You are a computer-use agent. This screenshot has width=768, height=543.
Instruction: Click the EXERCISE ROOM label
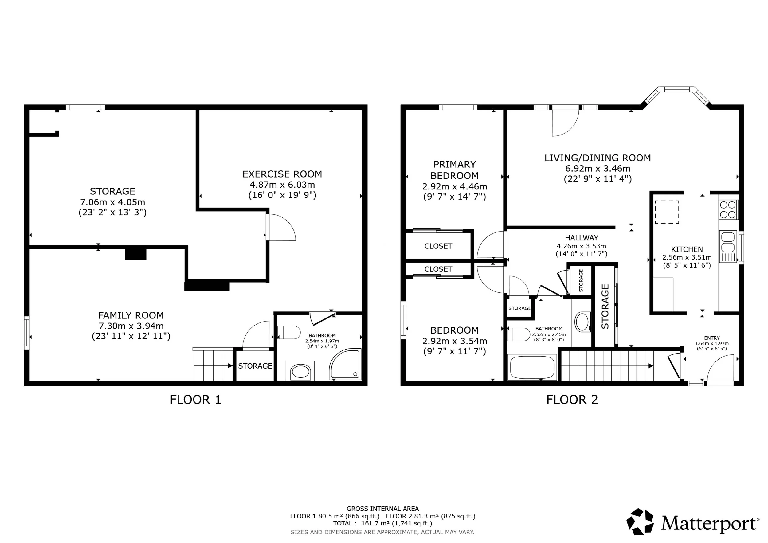coord(282,174)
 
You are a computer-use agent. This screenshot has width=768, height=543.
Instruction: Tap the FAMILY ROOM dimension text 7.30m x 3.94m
coord(131,326)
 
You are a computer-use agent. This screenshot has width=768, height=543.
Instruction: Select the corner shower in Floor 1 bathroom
coord(345,364)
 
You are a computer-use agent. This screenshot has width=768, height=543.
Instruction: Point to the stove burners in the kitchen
coord(728,210)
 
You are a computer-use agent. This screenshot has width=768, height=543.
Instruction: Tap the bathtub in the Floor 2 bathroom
coord(532,367)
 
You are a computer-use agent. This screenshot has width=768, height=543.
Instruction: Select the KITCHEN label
coord(687,249)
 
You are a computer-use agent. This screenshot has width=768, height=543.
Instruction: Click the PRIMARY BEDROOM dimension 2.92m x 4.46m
coord(455,186)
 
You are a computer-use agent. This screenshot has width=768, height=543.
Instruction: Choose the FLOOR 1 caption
coord(196,400)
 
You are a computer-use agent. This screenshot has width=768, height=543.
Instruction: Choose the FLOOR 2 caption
coord(572,400)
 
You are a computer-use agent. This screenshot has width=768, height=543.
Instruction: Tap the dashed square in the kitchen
coord(667,212)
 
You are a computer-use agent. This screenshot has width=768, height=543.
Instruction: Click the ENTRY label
coord(712,338)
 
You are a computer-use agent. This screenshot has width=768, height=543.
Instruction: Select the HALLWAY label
coord(581,238)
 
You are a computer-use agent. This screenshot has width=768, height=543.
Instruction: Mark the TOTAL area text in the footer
coord(383,523)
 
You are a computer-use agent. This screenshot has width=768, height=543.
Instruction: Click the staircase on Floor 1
coord(213,364)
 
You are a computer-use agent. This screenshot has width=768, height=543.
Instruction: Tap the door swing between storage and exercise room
coord(281,227)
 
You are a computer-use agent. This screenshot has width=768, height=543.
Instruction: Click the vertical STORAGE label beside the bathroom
coord(605,306)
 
